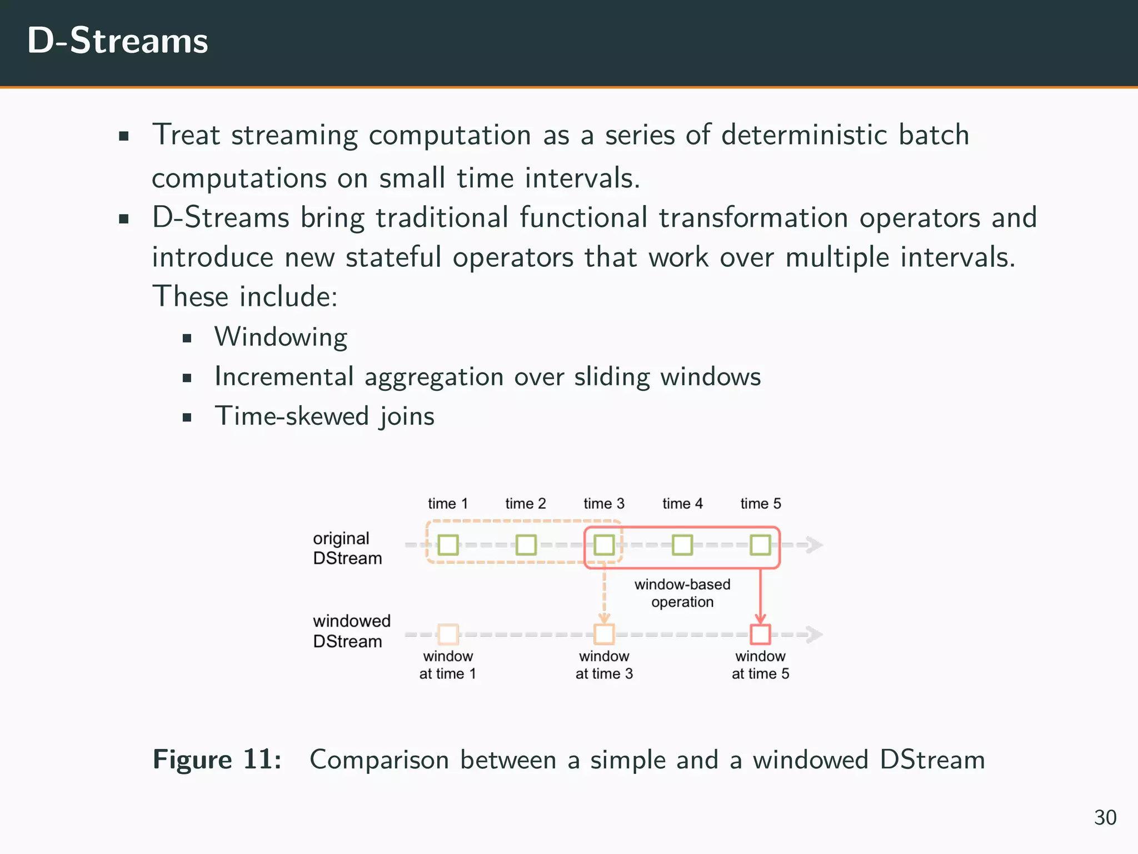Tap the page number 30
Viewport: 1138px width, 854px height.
1105,817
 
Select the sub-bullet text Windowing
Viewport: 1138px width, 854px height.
281,337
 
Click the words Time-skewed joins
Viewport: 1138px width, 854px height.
325,416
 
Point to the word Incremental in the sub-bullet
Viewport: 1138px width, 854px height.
284,376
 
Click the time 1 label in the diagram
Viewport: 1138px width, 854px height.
448,504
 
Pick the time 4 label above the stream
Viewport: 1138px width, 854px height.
682,504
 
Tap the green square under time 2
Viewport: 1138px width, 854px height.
526,545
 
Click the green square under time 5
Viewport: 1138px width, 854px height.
760,545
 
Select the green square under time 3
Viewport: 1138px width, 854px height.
604,545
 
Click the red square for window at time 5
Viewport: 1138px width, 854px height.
760,634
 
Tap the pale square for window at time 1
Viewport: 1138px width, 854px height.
448,634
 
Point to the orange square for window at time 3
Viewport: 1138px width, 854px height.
604,634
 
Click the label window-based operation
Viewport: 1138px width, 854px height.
682,593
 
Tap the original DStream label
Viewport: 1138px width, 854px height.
347,548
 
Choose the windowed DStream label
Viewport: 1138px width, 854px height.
351,631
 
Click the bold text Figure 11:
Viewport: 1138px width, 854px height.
217,759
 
